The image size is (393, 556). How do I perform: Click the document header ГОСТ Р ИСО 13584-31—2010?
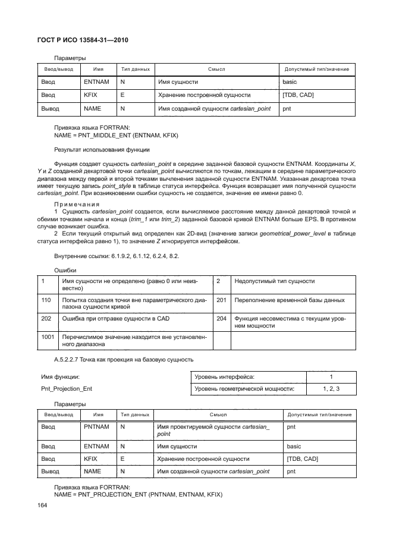click(83, 40)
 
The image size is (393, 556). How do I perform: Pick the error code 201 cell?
click(221, 300)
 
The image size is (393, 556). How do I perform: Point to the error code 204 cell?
click(221, 319)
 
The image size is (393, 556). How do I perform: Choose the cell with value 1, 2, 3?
click(331, 389)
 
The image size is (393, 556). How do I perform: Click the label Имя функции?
click(60, 376)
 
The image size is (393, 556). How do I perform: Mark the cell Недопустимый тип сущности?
click(275, 281)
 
